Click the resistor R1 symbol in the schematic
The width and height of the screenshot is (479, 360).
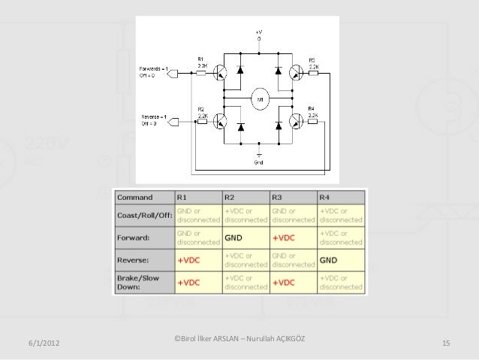point(201,73)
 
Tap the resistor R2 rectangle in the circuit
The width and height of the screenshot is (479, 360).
point(201,121)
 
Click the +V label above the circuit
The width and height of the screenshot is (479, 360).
point(259,32)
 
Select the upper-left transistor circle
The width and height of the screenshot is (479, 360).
point(221,73)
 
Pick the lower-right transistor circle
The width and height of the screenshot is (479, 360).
point(297,121)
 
